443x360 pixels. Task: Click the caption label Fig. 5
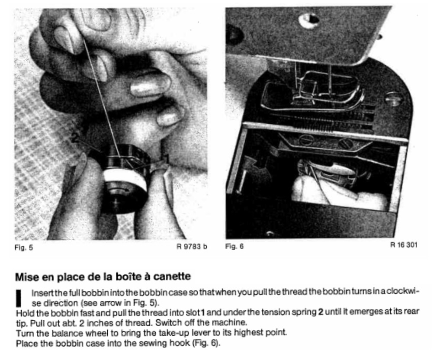23,247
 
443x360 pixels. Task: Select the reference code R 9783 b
192,247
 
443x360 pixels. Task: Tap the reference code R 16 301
404,245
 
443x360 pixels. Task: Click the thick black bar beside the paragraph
19,299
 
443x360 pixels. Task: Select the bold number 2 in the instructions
321,312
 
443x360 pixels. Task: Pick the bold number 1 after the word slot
202,312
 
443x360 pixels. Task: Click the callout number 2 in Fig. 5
75,138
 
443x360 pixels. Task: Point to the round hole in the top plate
309,20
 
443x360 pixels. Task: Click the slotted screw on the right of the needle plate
393,99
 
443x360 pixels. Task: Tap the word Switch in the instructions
167,322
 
